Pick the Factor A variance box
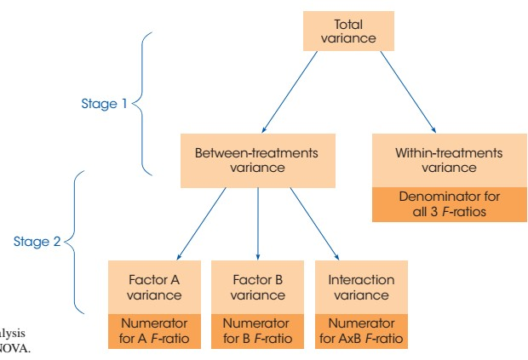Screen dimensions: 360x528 click(154, 287)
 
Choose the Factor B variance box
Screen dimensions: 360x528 click(258, 287)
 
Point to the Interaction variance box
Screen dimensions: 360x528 click(360, 287)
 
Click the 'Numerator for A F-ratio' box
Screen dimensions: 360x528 click(154, 331)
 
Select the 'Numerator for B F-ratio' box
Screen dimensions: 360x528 click(258, 331)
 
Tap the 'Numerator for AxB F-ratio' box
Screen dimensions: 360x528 click(360, 331)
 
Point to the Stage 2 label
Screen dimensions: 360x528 click(37, 242)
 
